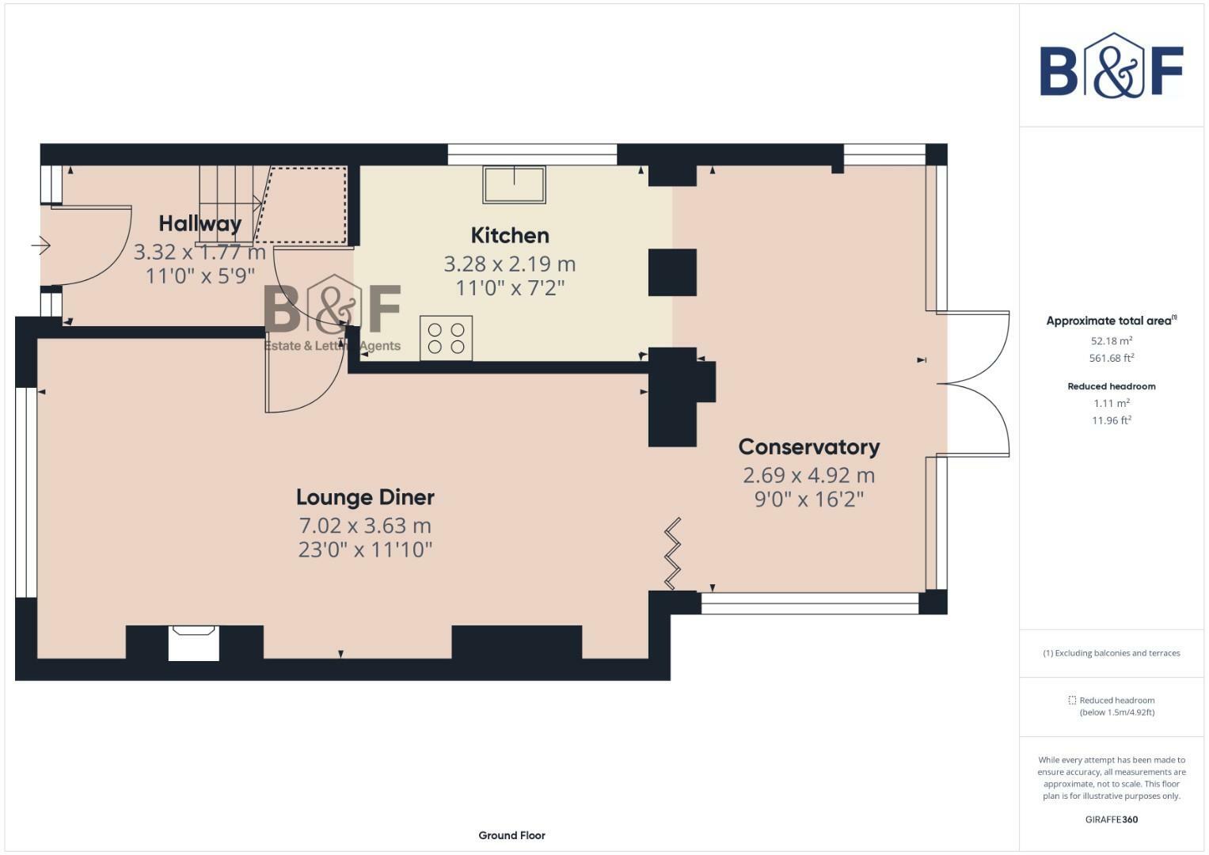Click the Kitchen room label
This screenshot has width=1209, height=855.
coord(510,236)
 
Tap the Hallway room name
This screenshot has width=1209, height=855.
coord(200,224)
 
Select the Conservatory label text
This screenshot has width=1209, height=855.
coord(809,447)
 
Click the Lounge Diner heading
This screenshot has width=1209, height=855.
coord(366,498)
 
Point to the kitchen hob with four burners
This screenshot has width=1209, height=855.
coord(447,338)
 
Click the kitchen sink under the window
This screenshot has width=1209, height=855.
coord(515,184)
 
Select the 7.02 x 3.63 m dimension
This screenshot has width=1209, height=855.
coord(366,525)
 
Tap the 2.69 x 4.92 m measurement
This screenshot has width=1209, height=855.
coord(809,476)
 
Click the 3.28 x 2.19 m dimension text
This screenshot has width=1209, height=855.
coord(510,264)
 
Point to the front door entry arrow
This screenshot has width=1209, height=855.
coord(41,246)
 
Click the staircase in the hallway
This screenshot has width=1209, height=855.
coord(226,205)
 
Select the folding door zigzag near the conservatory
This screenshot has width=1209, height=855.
coord(672,554)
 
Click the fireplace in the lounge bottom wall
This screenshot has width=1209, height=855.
coord(194,643)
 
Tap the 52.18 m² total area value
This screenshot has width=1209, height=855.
coord(1112,341)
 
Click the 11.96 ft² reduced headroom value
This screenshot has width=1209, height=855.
coord(1112,420)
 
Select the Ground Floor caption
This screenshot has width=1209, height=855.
coord(511,835)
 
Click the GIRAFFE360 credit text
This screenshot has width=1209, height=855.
coord(1112,819)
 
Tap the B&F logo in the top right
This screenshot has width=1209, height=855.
coord(1112,66)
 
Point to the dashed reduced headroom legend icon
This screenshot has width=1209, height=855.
coord(1072,700)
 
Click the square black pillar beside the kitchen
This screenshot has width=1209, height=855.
coord(672,272)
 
